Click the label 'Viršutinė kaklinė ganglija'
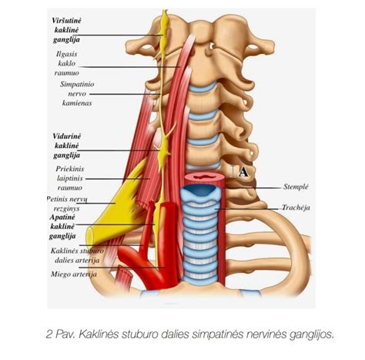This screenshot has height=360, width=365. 66,30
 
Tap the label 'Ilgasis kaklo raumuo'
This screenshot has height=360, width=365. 66,63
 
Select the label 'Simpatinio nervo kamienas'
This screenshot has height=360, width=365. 77,93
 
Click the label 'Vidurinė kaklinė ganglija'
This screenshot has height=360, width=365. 66,146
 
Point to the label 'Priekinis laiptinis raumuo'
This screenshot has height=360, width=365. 70,178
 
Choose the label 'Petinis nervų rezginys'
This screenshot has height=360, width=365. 67,204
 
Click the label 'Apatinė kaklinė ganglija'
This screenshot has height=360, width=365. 62,227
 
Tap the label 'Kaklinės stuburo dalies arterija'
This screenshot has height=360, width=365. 77,255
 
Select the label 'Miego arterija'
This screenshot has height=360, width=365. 74,274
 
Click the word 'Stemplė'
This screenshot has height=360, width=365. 296,187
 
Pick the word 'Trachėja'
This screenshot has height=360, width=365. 296,207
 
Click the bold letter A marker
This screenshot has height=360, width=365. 243,172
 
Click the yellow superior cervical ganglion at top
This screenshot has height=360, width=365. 165,25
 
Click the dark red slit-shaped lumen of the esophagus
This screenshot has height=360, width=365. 205,177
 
